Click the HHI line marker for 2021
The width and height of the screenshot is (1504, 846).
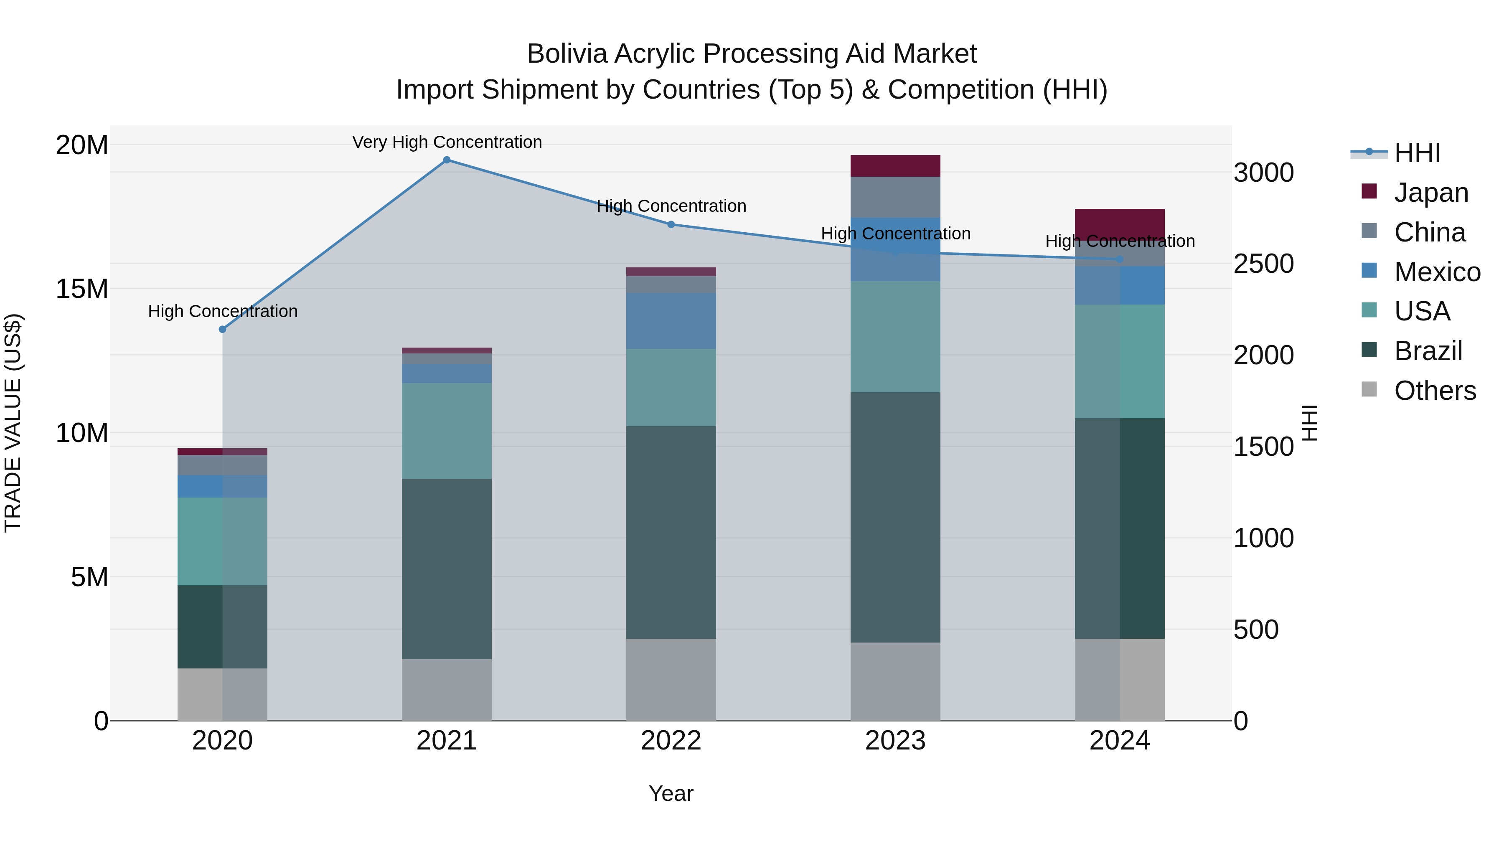point(447,160)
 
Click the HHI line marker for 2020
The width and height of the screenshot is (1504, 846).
point(222,329)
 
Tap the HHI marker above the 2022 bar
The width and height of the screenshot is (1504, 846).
point(671,224)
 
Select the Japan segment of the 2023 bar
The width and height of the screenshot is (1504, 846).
point(895,166)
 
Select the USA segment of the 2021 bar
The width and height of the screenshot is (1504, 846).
point(447,430)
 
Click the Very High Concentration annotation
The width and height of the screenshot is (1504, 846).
point(447,142)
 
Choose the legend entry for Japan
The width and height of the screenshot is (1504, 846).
point(1430,193)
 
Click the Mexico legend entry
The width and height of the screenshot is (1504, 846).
point(1436,272)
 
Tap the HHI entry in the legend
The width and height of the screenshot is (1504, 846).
point(1417,153)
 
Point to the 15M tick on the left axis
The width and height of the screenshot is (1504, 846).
point(82,288)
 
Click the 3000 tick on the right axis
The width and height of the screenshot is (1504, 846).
point(1263,173)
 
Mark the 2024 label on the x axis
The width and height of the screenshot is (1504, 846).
point(1119,741)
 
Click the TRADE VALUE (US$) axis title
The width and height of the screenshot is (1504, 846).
point(13,423)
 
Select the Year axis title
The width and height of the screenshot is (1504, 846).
point(671,793)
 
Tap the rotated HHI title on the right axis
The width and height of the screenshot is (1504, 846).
point(1310,423)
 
